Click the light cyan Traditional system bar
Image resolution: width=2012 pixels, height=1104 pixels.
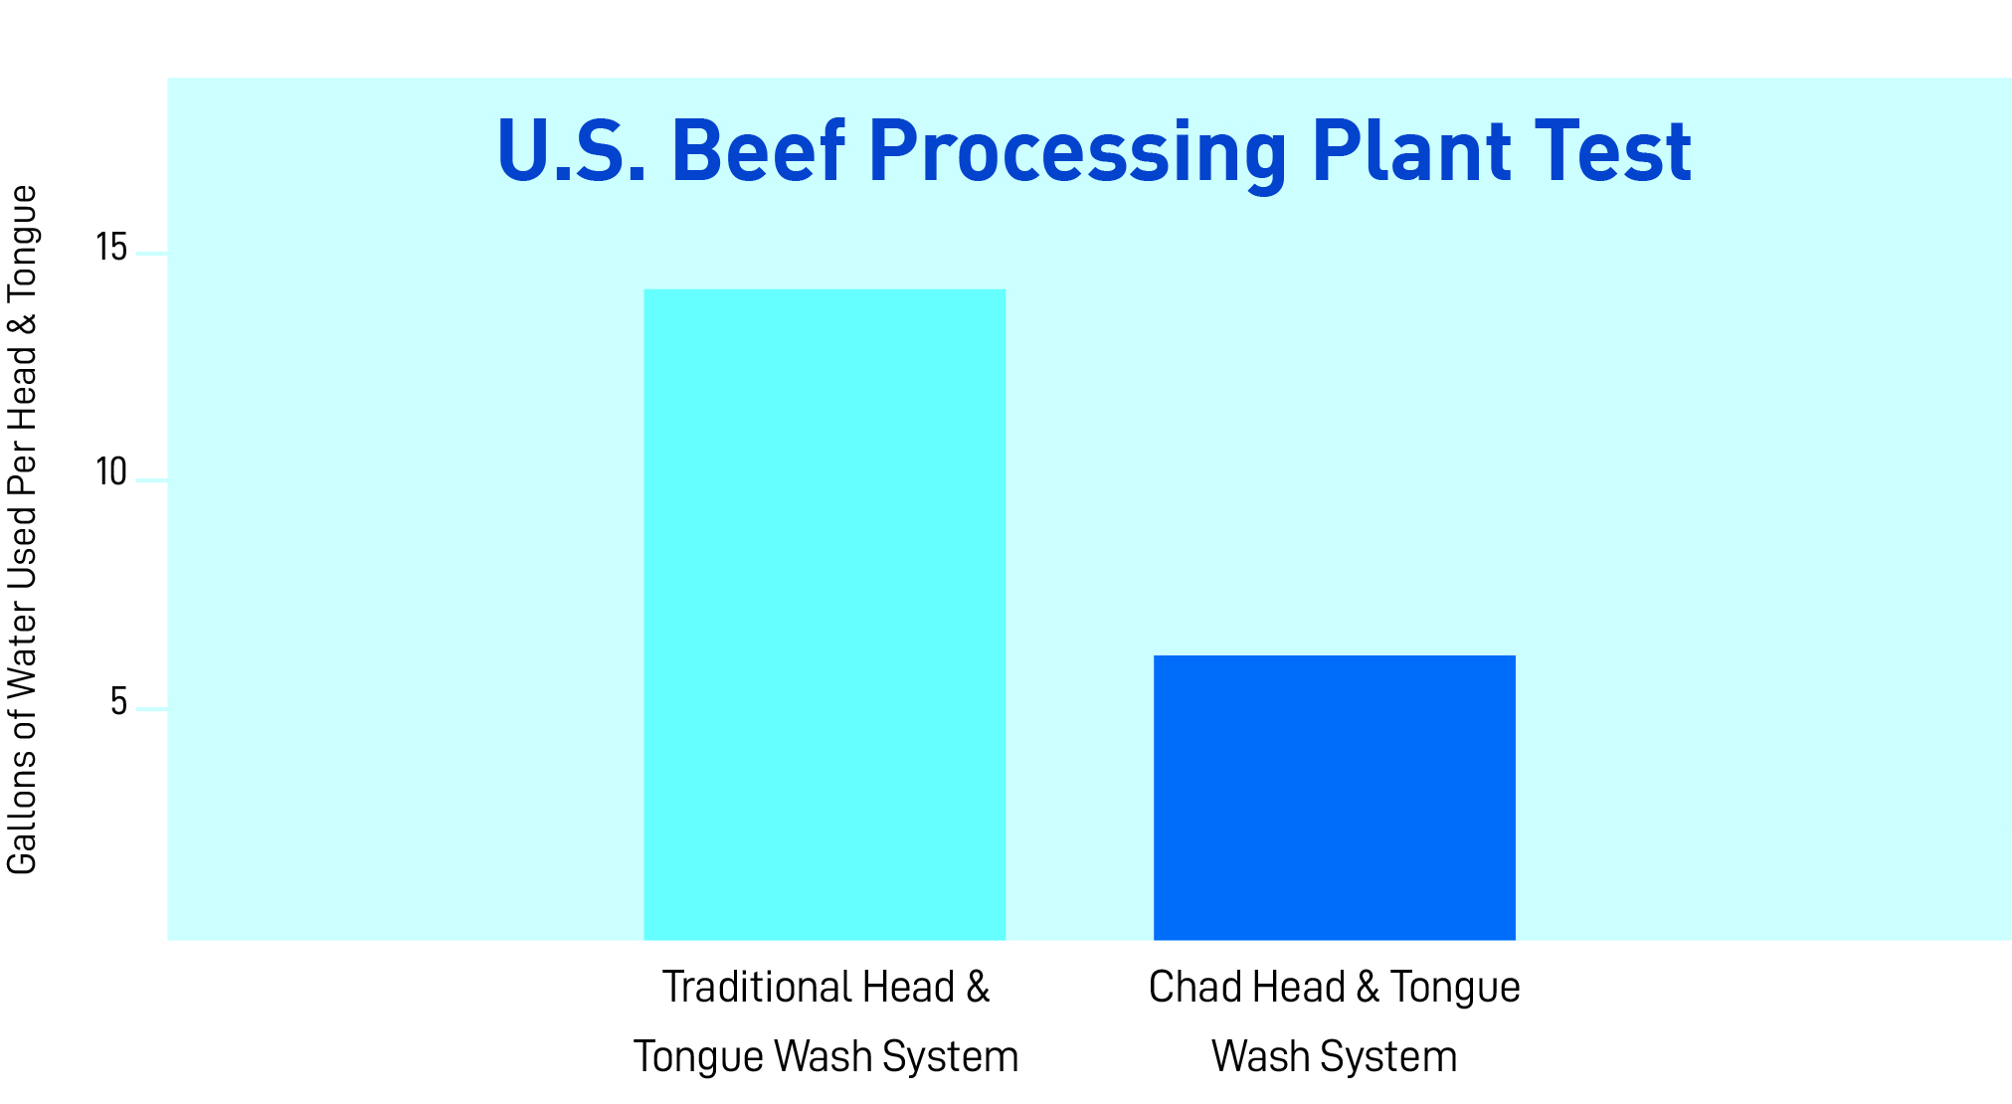coord(824,615)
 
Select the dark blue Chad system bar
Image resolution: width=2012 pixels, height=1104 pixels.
coord(1334,798)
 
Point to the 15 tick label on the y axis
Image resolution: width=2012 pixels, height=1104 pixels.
coord(111,247)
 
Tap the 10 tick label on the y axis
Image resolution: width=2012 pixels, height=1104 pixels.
coord(111,472)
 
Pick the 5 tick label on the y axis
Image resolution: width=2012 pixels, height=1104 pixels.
coord(119,702)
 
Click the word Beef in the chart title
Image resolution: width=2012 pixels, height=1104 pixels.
coord(759,151)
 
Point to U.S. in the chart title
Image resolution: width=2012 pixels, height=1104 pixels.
coord(572,151)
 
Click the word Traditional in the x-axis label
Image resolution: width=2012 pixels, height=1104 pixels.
coord(758,988)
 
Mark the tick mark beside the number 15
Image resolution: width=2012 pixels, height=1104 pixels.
coord(152,254)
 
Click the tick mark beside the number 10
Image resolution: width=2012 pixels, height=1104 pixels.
coord(152,480)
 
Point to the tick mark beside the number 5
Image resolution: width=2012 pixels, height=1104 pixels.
coord(152,709)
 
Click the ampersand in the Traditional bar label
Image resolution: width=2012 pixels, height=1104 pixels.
coord(978,988)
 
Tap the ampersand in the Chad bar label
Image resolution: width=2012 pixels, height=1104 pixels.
coord(1368,988)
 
